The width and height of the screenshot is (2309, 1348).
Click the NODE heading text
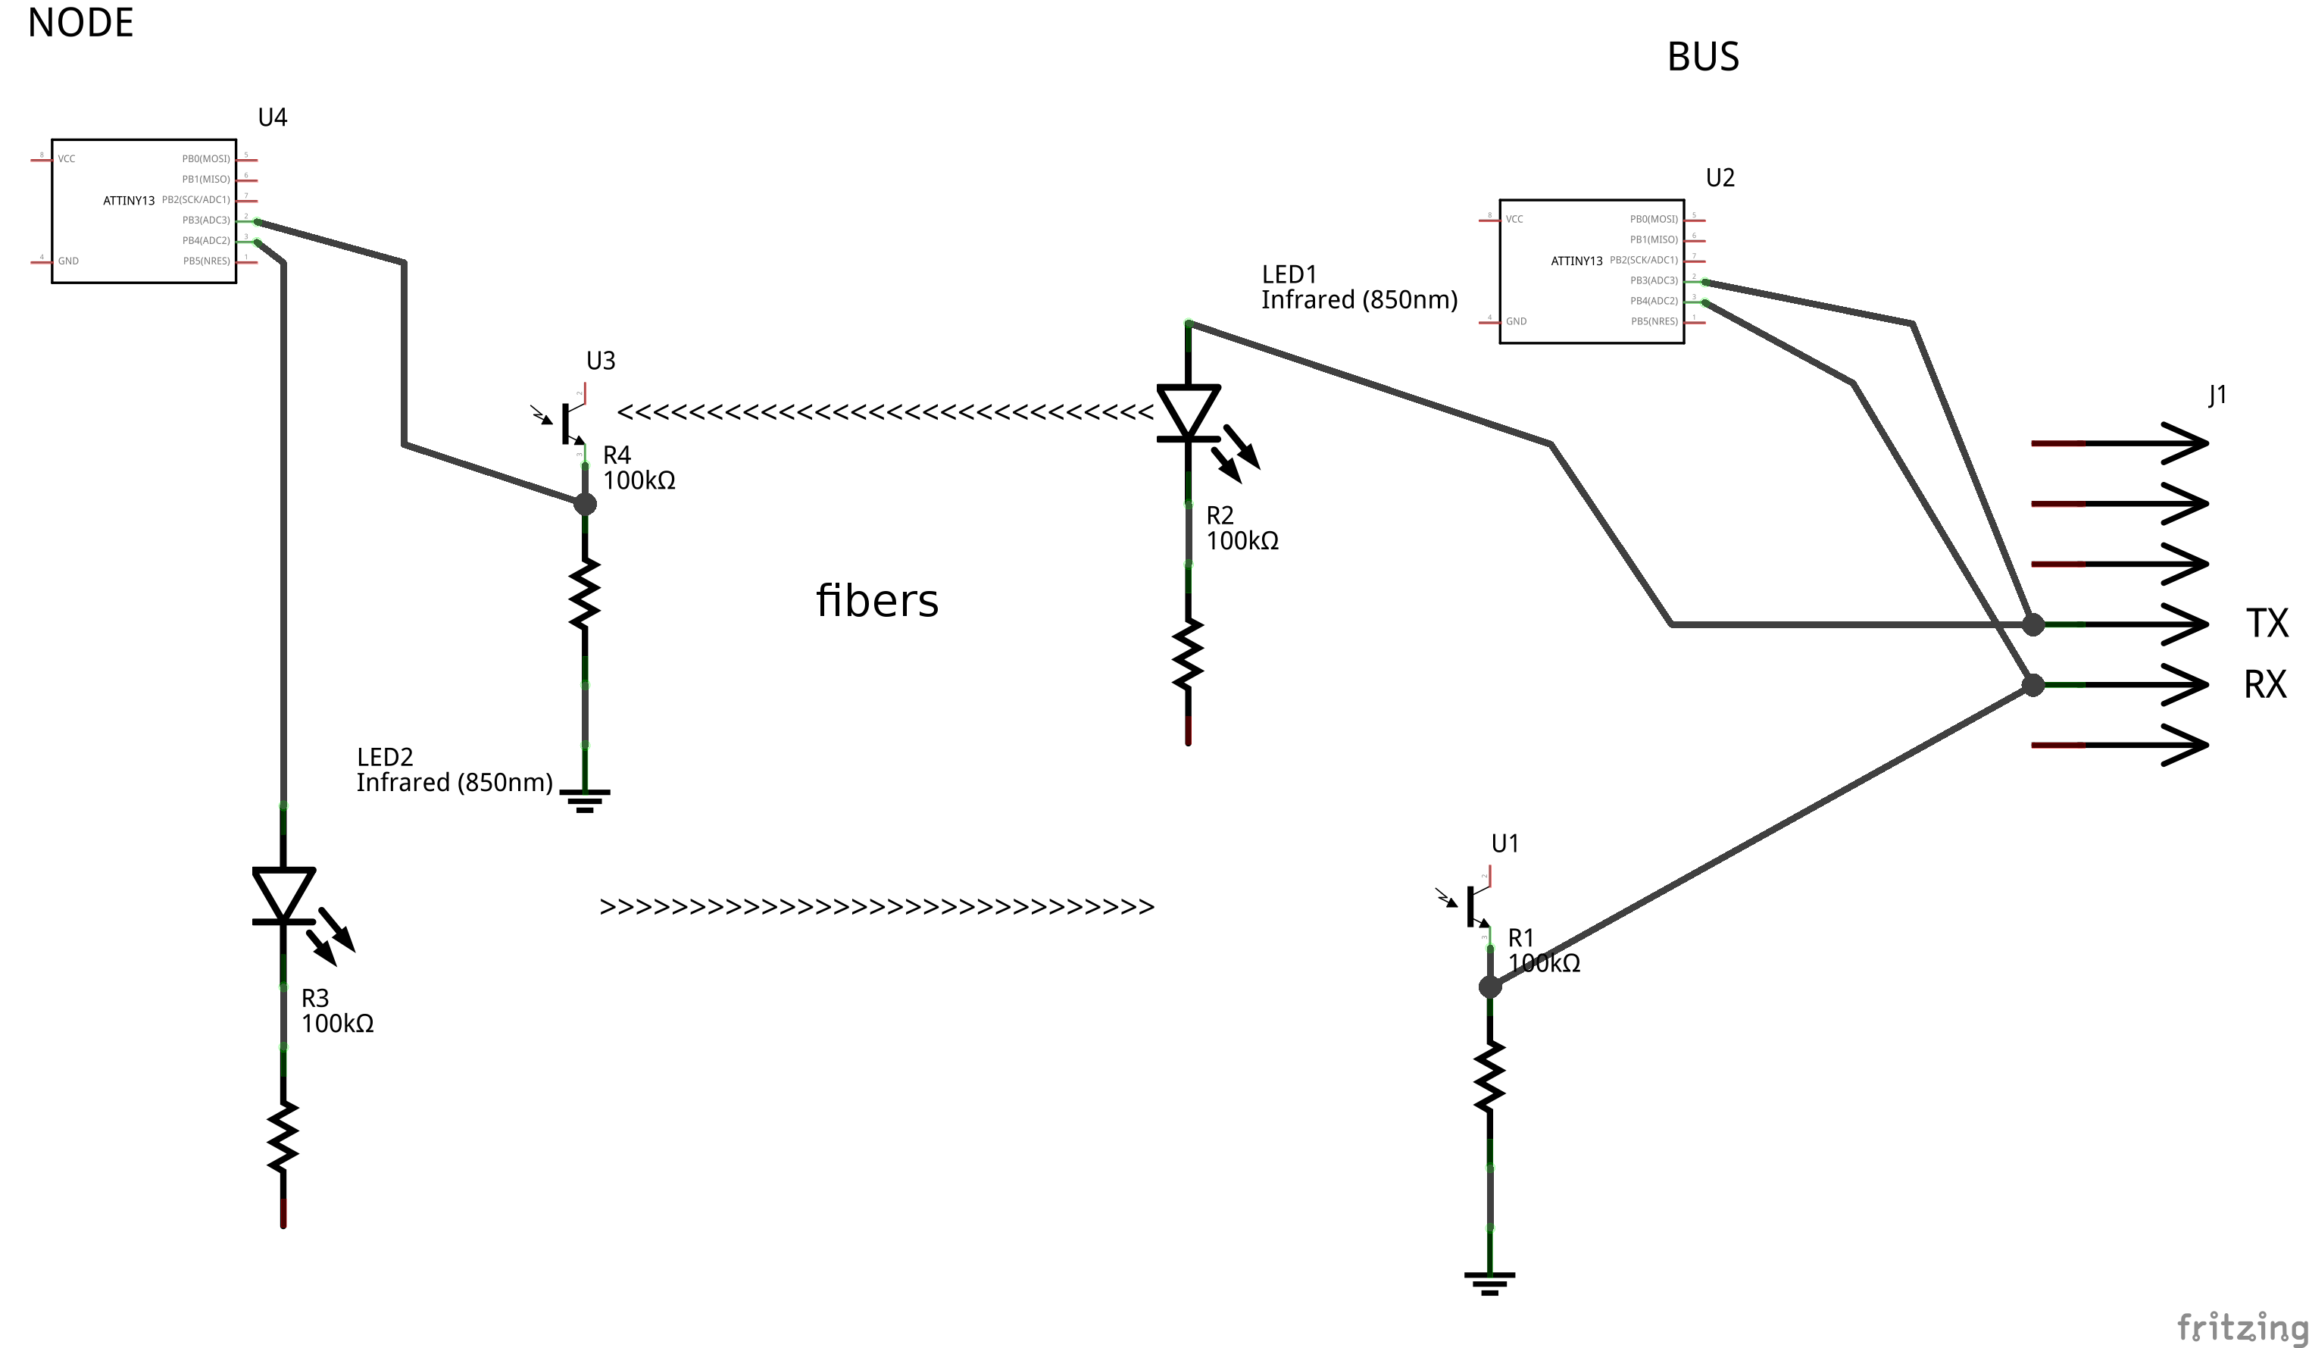(x=80, y=22)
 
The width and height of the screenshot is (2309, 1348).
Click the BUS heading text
(x=1702, y=57)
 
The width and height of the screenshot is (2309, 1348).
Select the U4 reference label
(x=272, y=117)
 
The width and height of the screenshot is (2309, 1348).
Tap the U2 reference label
(x=1720, y=178)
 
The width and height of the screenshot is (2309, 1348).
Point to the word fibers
(x=877, y=601)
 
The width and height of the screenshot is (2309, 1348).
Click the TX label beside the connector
(x=2267, y=624)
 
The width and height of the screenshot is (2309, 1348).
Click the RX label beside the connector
(x=2265, y=684)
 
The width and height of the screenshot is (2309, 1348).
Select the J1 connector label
(x=2217, y=395)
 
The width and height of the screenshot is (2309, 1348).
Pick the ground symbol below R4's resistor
(x=585, y=800)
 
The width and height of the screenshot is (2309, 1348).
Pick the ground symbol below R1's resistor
(x=1490, y=1282)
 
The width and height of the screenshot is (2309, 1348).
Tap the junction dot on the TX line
(x=2033, y=625)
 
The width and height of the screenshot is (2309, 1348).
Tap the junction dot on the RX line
(x=2033, y=684)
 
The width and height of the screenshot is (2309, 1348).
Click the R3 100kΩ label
(x=336, y=1011)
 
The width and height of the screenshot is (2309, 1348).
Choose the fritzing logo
(x=2241, y=1325)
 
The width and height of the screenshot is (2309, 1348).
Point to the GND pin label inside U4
(x=68, y=261)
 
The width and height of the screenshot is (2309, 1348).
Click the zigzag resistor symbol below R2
(x=1189, y=654)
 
